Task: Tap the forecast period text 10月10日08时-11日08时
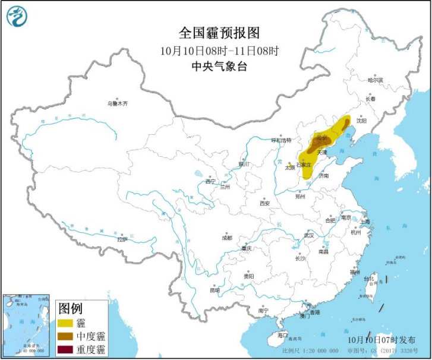point(219,50)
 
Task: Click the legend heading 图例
point(70,308)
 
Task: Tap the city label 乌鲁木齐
point(117,103)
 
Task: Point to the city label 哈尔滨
point(375,80)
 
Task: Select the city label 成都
point(227,237)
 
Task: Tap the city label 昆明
point(215,290)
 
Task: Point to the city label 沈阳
point(361,121)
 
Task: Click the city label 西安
point(264,203)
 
